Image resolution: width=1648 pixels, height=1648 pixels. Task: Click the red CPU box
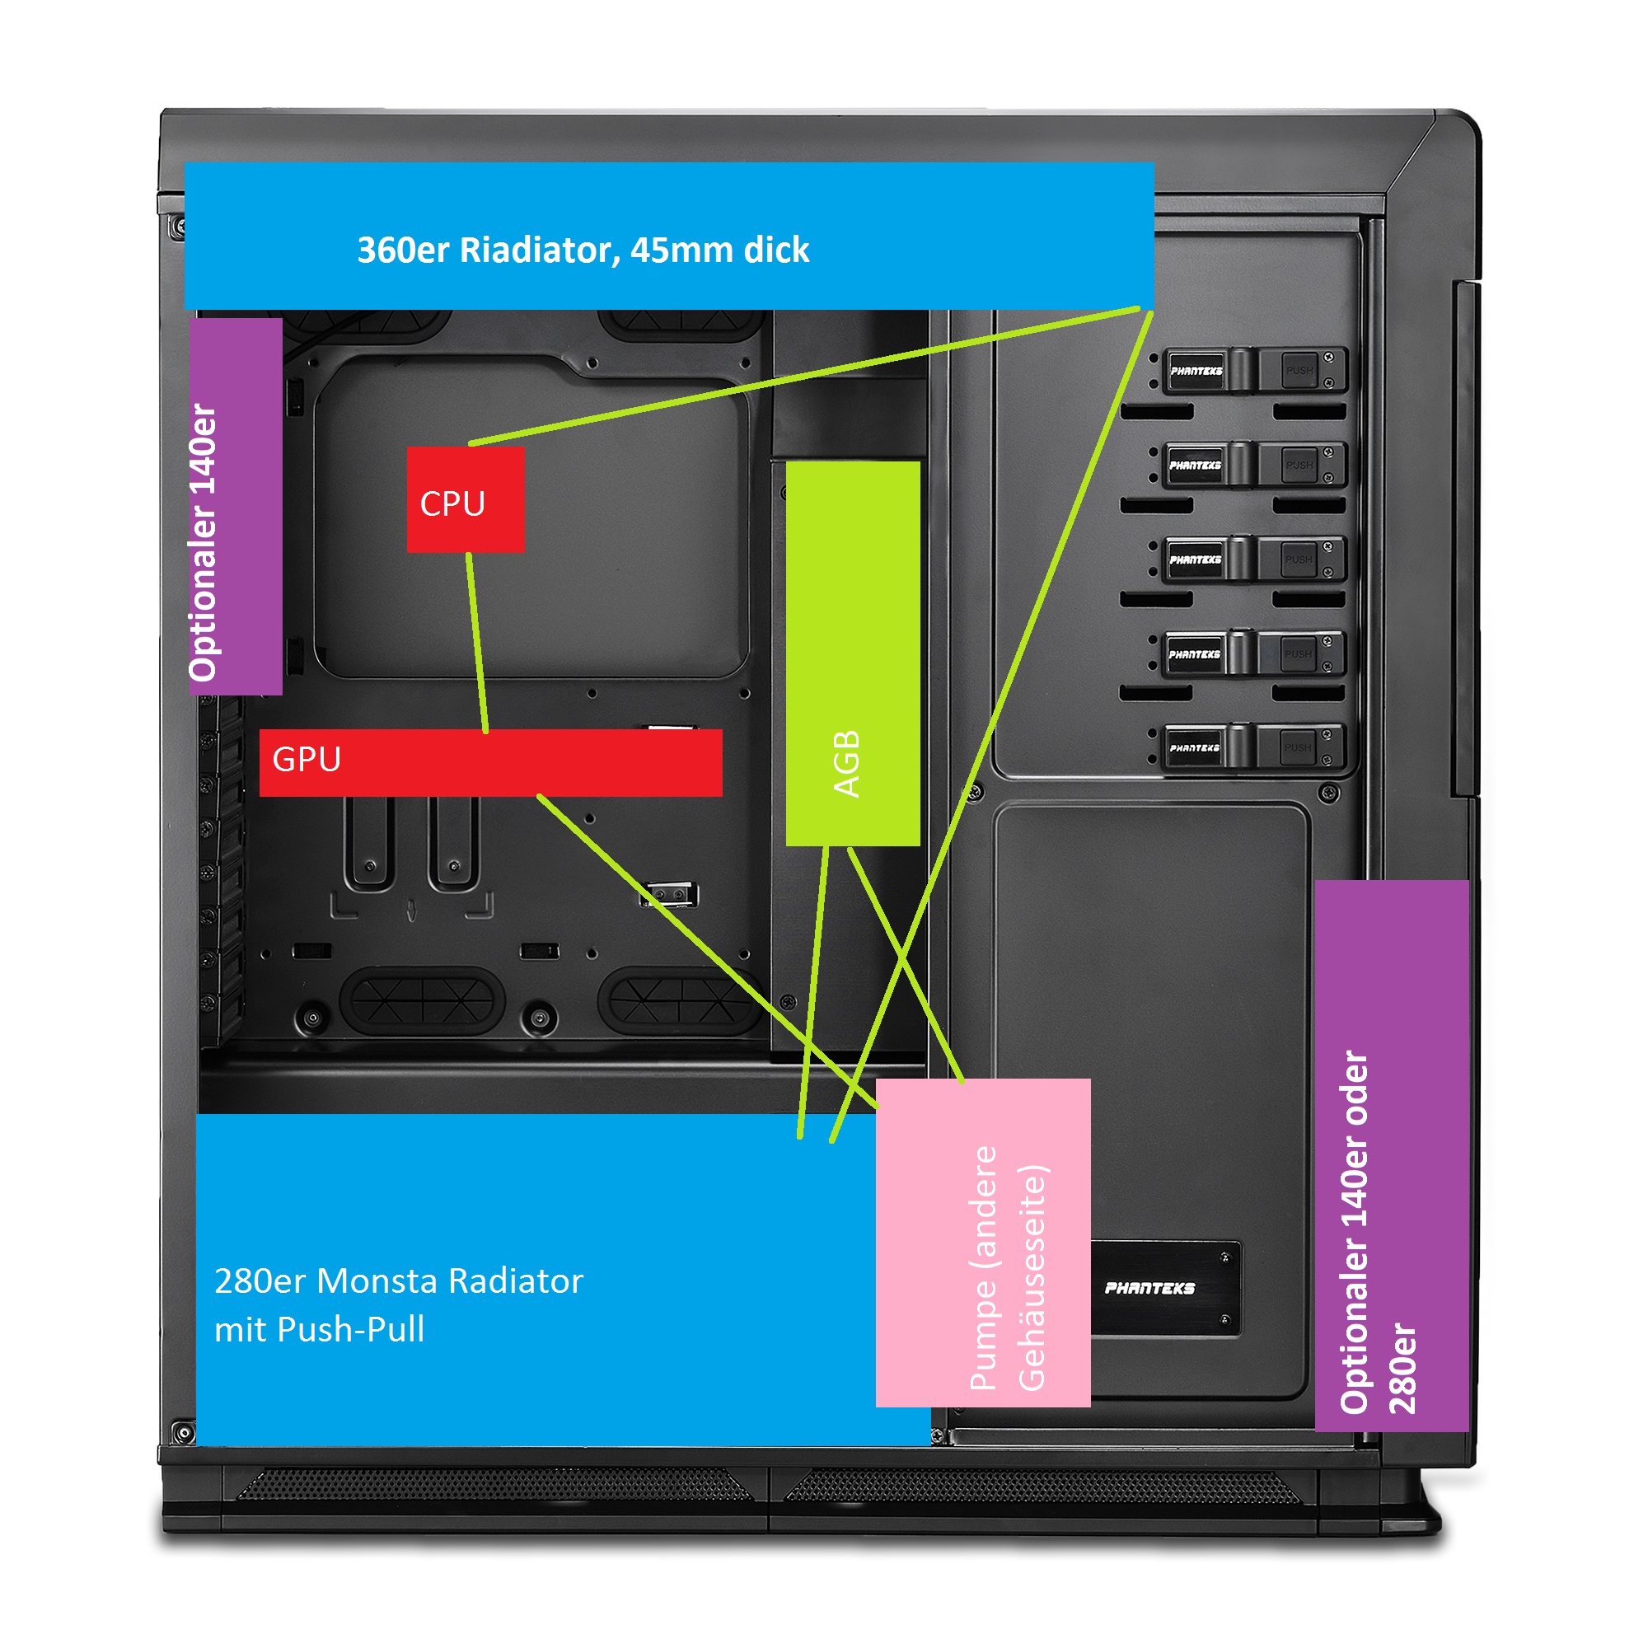tap(465, 500)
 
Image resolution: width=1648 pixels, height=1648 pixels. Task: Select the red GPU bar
tap(490, 762)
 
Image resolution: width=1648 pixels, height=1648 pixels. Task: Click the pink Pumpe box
tap(983, 1242)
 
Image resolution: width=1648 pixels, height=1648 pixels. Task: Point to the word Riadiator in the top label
tap(539, 250)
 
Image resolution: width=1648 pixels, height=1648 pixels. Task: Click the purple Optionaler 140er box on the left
tap(236, 507)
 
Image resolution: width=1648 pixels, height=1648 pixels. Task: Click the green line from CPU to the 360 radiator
tap(802, 375)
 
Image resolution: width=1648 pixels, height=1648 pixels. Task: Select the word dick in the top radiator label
tap(776, 250)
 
